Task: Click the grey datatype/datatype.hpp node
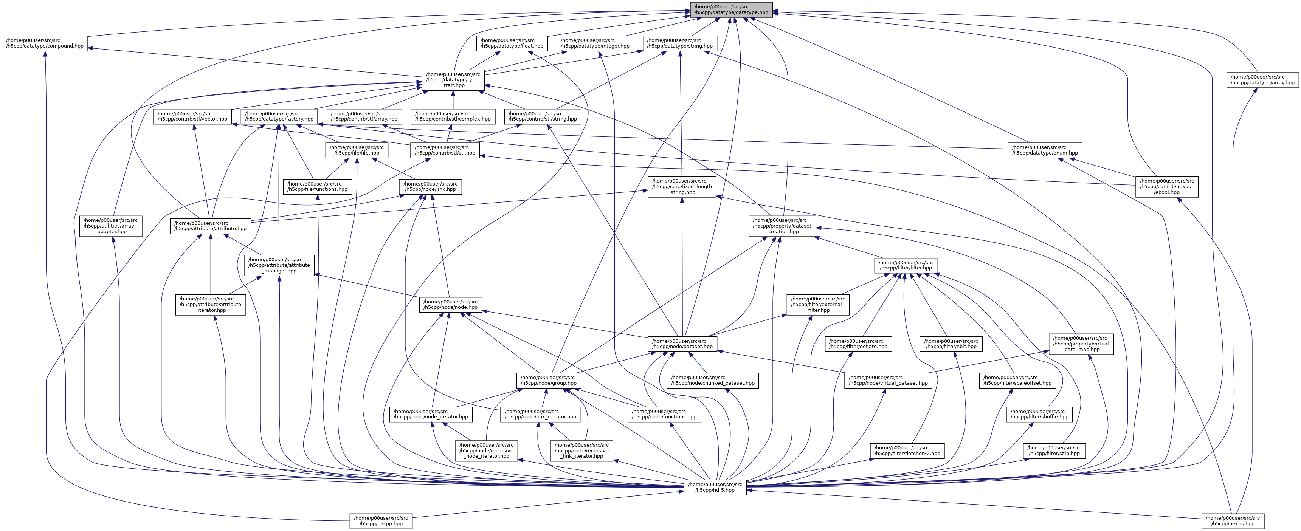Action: click(x=731, y=9)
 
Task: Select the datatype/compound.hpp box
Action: click(x=45, y=43)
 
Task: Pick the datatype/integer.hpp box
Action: click(x=595, y=43)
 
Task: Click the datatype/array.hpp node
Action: click(x=1262, y=80)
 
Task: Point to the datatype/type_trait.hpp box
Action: click(x=453, y=80)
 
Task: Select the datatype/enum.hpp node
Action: click(x=1044, y=150)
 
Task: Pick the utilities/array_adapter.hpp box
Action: click(x=111, y=226)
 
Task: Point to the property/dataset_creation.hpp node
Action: click(x=782, y=226)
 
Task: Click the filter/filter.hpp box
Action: click(x=906, y=265)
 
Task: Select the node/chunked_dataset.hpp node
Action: click(x=713, y=380)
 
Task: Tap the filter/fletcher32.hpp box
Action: click(x=907, y=450)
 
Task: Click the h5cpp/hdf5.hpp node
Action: click(x=715, y=487)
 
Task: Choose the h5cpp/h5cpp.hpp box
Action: click(x=381, y=521)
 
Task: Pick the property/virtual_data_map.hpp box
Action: click(x=1081, y=344)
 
